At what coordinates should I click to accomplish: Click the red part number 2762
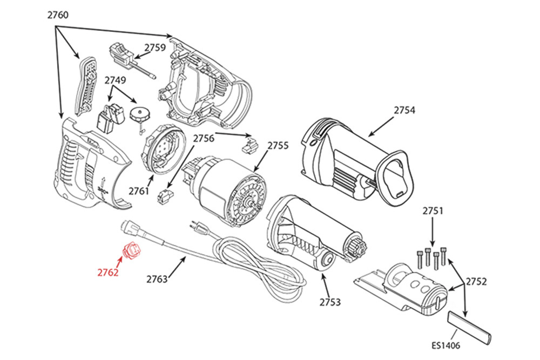(x=108, y=273)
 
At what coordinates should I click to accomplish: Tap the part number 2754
(x=404, y=110)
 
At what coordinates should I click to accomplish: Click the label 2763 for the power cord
(x=157, y=279)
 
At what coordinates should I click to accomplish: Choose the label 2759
(x=155, y=47)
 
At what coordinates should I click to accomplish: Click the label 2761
(x=139, y=191)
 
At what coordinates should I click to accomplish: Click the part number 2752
(x=476, y=281)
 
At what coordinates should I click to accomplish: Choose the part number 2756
(x=203, y=138)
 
